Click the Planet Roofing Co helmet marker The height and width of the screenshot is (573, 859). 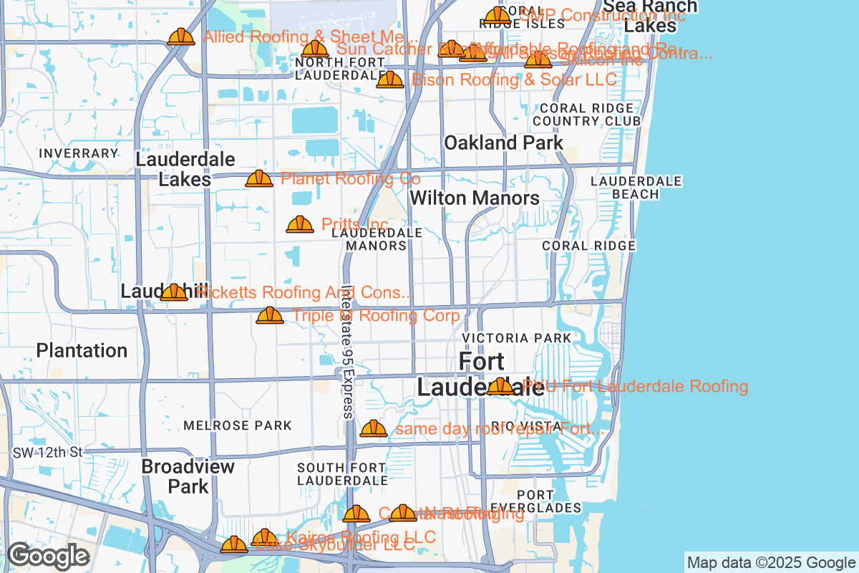pyautogui.click(x=259, y=178)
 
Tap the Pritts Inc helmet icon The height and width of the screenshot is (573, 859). pyautogui.click(x=300, y=225)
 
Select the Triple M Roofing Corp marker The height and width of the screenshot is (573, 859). pyautogui.click(x=270, y=315)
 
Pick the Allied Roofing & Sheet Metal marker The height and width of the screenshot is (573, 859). pyautogui.click(x=181, y=37)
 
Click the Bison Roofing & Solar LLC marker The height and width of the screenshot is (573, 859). pyautogui.click(x=390, y=80)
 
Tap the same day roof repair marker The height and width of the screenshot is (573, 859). pyautogui.click(x=374, y=428)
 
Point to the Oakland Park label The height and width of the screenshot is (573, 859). pyautogui.click(x=504, y=143)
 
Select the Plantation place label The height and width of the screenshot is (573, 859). pyautogui.click(x=82, y=350)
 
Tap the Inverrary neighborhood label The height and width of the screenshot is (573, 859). pyautogui.click(x=79, y=153)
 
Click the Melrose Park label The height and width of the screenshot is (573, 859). pyautogui.click(x=238, y=425)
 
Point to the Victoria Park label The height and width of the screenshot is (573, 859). pyautogui.click(x=517, y=337)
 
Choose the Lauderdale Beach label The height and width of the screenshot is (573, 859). pyautogui.click(x=636, y=188)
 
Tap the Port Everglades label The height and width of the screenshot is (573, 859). pyautogui.click(x=549, y=501)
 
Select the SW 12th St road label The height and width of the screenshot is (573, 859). pyautogui.click(x=48, y=453)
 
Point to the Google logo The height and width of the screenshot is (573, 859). pyautogui.click(x=48, y=556)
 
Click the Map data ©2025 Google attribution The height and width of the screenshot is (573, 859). pyautogui.click(x=771, y=562)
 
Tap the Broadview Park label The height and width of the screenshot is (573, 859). pyautogui.click(x=188, y=476)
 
